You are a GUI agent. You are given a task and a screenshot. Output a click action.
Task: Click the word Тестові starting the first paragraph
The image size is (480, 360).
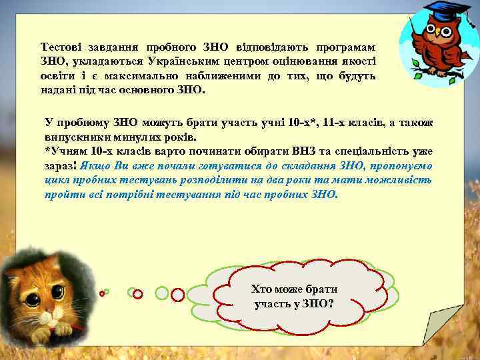pos(61,47)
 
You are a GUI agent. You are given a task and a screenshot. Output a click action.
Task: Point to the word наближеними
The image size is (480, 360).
pos(220,75)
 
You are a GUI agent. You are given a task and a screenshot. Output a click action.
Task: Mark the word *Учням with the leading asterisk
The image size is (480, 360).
pos(65,151)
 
